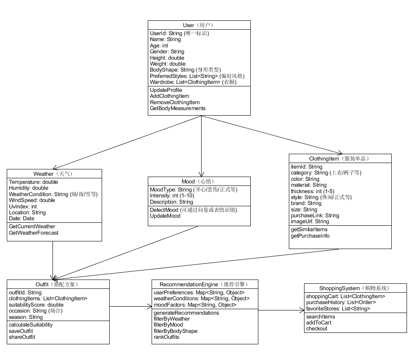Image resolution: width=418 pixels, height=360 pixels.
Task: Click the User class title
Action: coord(199,25)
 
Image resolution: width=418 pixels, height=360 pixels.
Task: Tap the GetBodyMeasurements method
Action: coord(177,108)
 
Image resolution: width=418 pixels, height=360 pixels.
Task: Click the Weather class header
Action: coord(54,174)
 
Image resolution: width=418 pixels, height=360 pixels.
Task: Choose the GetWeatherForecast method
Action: coord(33,233)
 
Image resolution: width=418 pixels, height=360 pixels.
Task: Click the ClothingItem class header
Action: coord(340,159)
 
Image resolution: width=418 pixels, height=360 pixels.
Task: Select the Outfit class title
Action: coord(58,284)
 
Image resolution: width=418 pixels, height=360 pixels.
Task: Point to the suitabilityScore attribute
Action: coord(36,305)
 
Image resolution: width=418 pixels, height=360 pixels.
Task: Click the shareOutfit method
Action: coord(22,337)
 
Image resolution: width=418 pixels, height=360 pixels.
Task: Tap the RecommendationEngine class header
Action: coord(205,284)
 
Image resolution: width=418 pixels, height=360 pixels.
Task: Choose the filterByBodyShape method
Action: coord(175,331)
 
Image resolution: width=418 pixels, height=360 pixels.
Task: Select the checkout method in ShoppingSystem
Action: coord(316,329)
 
